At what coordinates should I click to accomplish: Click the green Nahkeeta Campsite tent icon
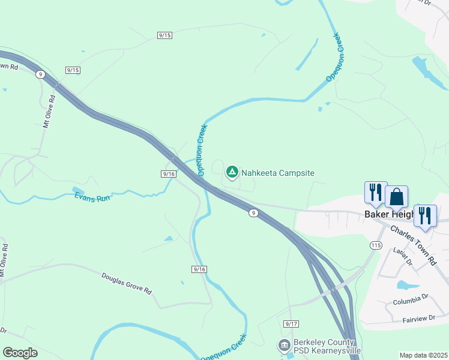(232, 173)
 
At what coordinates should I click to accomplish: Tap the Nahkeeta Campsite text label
(278, 173)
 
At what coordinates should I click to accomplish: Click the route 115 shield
(376, 245)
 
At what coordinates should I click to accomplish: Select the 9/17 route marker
(291, 324)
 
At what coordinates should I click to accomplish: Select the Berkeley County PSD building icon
(284, 346)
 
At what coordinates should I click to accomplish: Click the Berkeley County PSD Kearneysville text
(327, 346)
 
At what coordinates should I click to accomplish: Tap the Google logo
(20, 353)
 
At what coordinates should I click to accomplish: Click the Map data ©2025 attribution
(423, 355)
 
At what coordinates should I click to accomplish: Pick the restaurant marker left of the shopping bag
(376, 193)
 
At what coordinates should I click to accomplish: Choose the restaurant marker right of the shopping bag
(425, 215)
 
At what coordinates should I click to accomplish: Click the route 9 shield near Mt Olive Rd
(40, 74)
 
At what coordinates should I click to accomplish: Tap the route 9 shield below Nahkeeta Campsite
(254, 212)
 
